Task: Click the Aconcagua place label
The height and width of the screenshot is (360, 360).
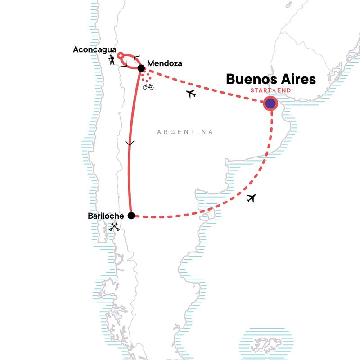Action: [x=94, y=50]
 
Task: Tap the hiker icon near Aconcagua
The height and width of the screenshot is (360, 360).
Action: [x=112, y=60]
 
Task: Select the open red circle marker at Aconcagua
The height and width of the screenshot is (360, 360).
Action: [x=120, y=56]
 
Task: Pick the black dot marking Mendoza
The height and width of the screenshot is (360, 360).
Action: [x=141, y=68]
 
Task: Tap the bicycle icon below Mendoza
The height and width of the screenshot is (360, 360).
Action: [x=148, y=86]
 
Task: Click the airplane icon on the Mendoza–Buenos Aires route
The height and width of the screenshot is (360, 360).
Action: [x=192, y=94]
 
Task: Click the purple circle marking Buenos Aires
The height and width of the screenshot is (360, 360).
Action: [x=270, y=104]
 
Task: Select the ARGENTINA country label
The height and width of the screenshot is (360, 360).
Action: [x=184, y=132]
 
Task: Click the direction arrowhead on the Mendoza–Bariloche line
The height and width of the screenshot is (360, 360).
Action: [x=130, y=144]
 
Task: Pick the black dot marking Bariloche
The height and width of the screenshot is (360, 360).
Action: [x=131, y=216]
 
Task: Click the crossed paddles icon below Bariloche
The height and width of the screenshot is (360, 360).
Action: [x=114, y=227]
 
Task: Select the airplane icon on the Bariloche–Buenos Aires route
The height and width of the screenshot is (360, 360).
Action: [x=251, y=198]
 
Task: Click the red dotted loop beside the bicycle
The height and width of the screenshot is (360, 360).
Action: [x=145, y=76]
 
